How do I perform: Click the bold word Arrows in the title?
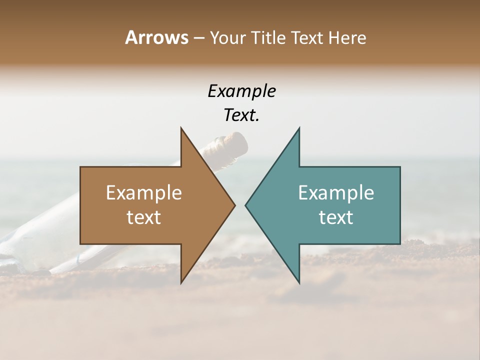156,37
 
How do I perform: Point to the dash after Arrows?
198,38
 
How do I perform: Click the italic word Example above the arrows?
241,91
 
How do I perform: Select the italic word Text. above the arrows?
241,115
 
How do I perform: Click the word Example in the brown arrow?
144,193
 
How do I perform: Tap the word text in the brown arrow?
144,217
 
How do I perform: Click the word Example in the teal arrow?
336,193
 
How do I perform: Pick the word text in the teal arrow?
336,217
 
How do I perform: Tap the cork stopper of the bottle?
235,143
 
